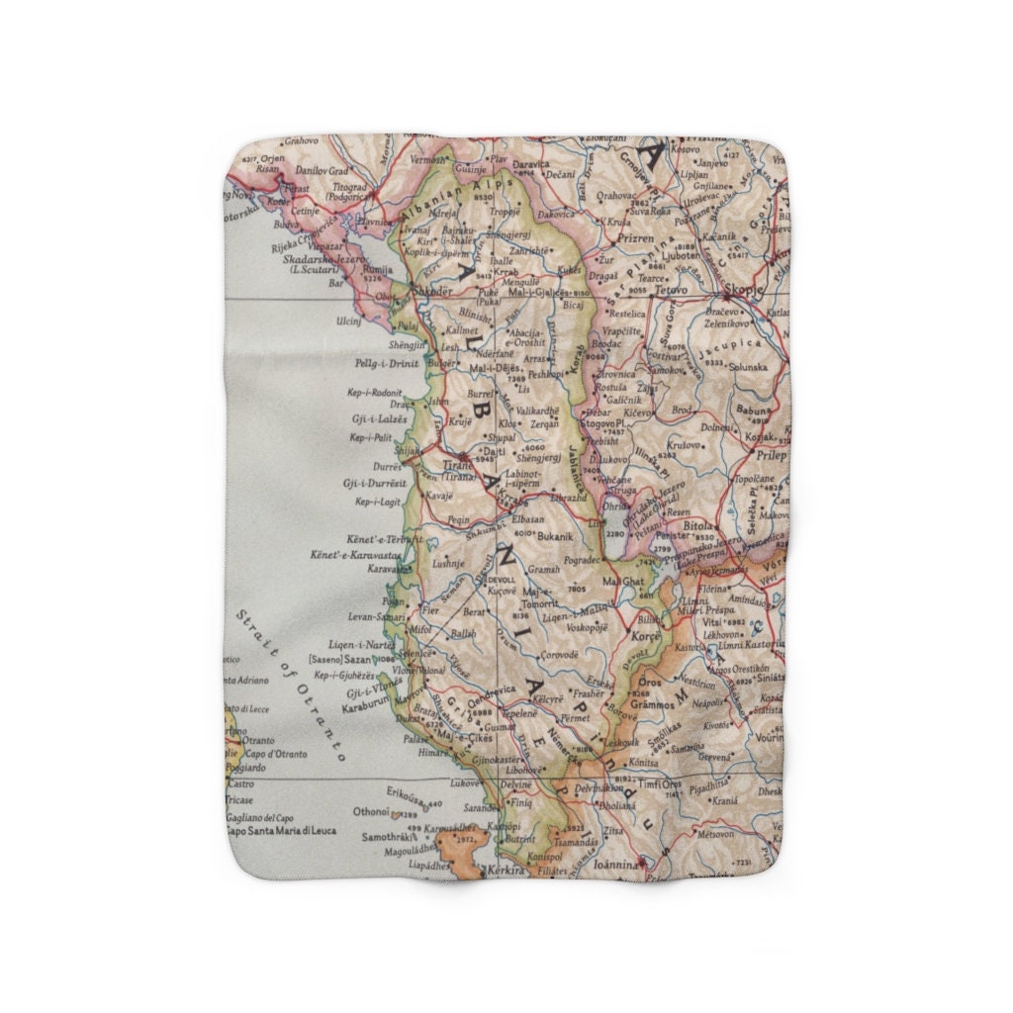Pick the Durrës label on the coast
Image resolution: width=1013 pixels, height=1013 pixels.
pos(386,465)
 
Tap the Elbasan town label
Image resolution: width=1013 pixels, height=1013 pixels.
pos(528,518)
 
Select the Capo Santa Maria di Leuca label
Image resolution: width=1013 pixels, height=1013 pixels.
pos(281,831)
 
